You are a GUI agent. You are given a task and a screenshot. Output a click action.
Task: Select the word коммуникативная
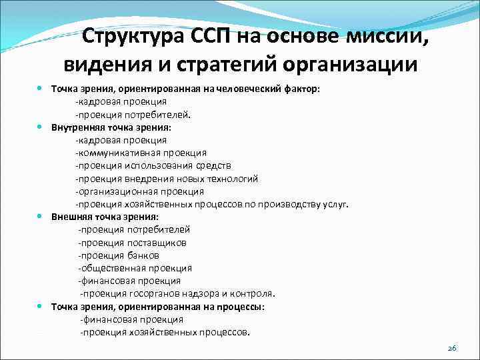click(x=115, y=153)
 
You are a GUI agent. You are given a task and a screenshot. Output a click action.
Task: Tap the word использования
click(x=152, y=165)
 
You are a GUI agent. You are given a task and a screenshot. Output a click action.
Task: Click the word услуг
click(x=334, y=204)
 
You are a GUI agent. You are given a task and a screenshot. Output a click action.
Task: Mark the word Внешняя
click(x=71, y=217)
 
